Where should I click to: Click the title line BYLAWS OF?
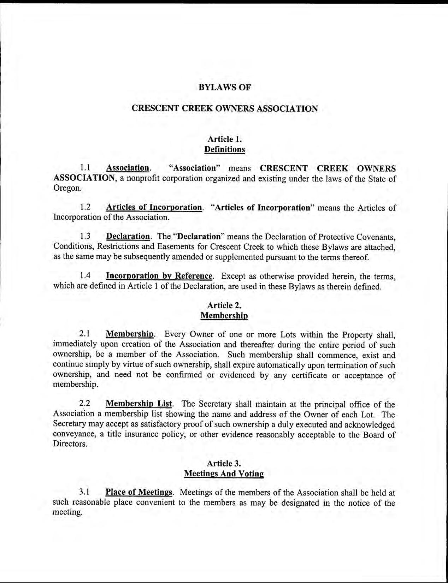tap(224, 88)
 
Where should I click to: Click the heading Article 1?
tap(224, 139)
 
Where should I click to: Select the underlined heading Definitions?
tap(224, 149)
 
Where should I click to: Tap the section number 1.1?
tap(85, 168)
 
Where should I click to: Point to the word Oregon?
tap(67, 188)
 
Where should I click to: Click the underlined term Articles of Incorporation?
tap(154, 207)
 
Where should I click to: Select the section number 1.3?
tap(85, 236)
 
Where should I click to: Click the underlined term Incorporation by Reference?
tap(159, 276)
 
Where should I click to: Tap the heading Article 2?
tap(224, 305)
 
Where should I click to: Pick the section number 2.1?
tap(85, 334)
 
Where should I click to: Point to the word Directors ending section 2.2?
tap(70, 444)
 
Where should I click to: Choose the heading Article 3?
tap(224, 463)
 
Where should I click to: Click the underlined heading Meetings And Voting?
tap(224, 474)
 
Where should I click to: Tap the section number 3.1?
tap(85, 492)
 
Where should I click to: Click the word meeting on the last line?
tap(67, 512)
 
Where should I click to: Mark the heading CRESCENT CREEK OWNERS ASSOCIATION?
tap(224, 108)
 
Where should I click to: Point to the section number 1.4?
tap(85, 276)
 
